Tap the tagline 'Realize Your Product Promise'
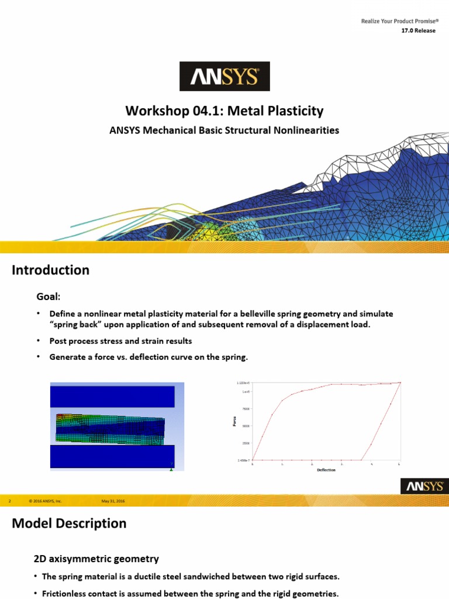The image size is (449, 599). [x=398, y=22]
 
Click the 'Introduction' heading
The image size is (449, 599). [x=51, y=270]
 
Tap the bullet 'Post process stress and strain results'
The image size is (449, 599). [x=120, y=340]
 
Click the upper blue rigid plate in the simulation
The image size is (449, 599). [x=112, y=397]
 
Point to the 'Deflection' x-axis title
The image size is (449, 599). [x=326, y=470]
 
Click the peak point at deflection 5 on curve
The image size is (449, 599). [x=400, y=383]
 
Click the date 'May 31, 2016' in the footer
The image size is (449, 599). [x=113, y=501]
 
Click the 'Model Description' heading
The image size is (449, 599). [x=69, y=524]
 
